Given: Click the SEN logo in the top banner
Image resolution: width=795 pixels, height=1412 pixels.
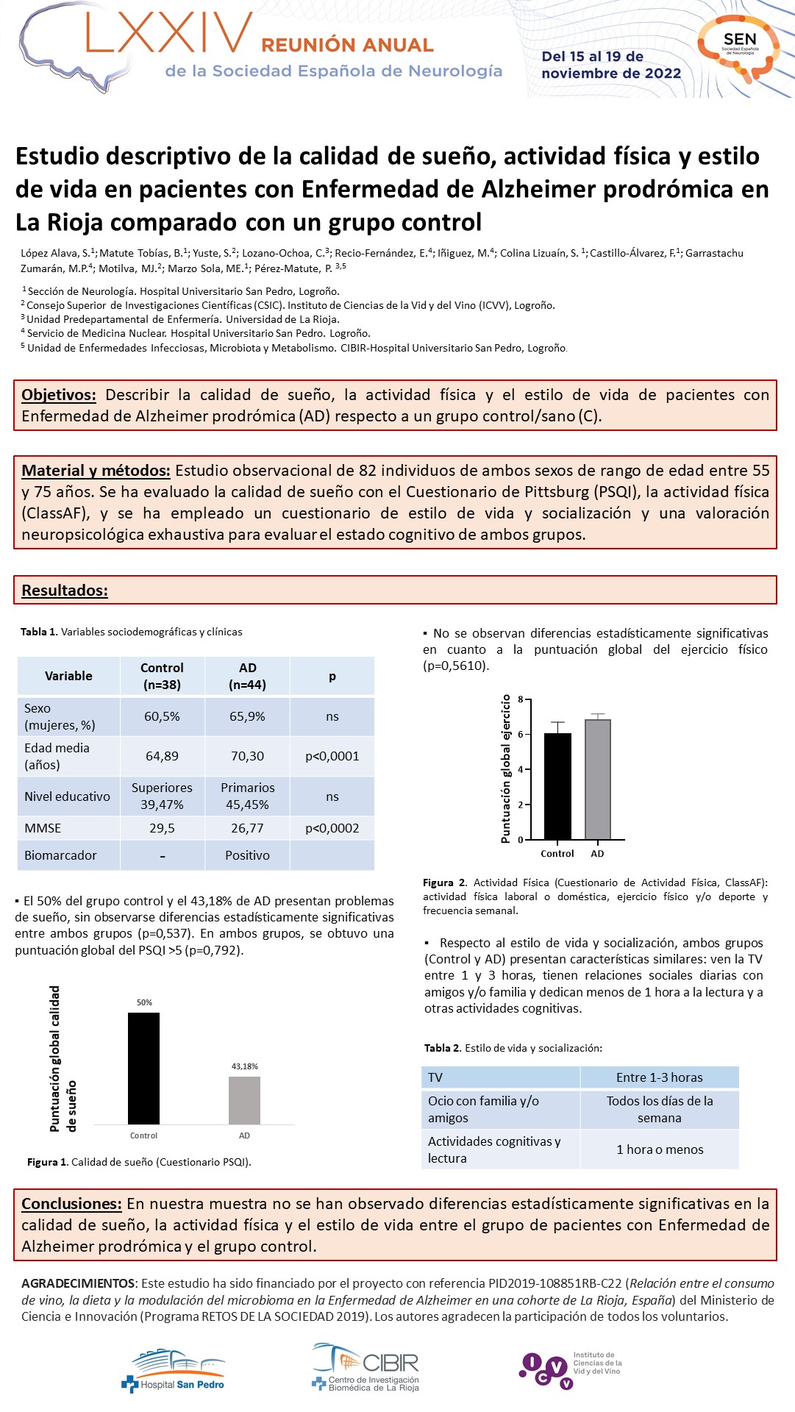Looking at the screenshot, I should (x=739, y=46).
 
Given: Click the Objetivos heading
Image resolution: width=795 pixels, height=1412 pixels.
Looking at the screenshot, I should (x=59, y=395).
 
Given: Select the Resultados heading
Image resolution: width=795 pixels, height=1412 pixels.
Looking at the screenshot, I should (x=65, y=591).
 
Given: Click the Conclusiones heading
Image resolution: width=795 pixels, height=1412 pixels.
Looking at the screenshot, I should (x=71, y=1204).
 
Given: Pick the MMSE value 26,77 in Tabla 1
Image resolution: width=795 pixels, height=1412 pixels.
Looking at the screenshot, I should (x=247, y=828).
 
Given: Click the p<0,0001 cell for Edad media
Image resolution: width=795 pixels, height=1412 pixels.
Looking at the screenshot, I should (x=332, y=756).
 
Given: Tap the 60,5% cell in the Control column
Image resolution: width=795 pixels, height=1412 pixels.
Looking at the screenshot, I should (x=162, y=716).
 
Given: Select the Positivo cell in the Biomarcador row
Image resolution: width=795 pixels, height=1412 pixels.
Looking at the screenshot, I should (x=247, y=855).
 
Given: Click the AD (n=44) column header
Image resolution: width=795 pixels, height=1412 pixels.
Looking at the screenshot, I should (x=247, y=676).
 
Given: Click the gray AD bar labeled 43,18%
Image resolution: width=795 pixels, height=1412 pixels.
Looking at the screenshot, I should (x=244, y=1100).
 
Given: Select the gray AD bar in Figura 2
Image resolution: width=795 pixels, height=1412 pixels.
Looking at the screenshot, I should (x=597, y=780).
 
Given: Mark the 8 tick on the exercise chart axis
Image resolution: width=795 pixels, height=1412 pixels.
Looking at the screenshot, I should (x=520, y=699).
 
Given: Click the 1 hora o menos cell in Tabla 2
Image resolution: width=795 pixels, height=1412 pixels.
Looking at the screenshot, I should (x=660, y=1149).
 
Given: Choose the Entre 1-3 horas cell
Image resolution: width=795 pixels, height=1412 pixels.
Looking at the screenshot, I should (x=660, y=1077).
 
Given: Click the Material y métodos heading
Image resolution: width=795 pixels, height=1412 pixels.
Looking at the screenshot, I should (x=96, y=471).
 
